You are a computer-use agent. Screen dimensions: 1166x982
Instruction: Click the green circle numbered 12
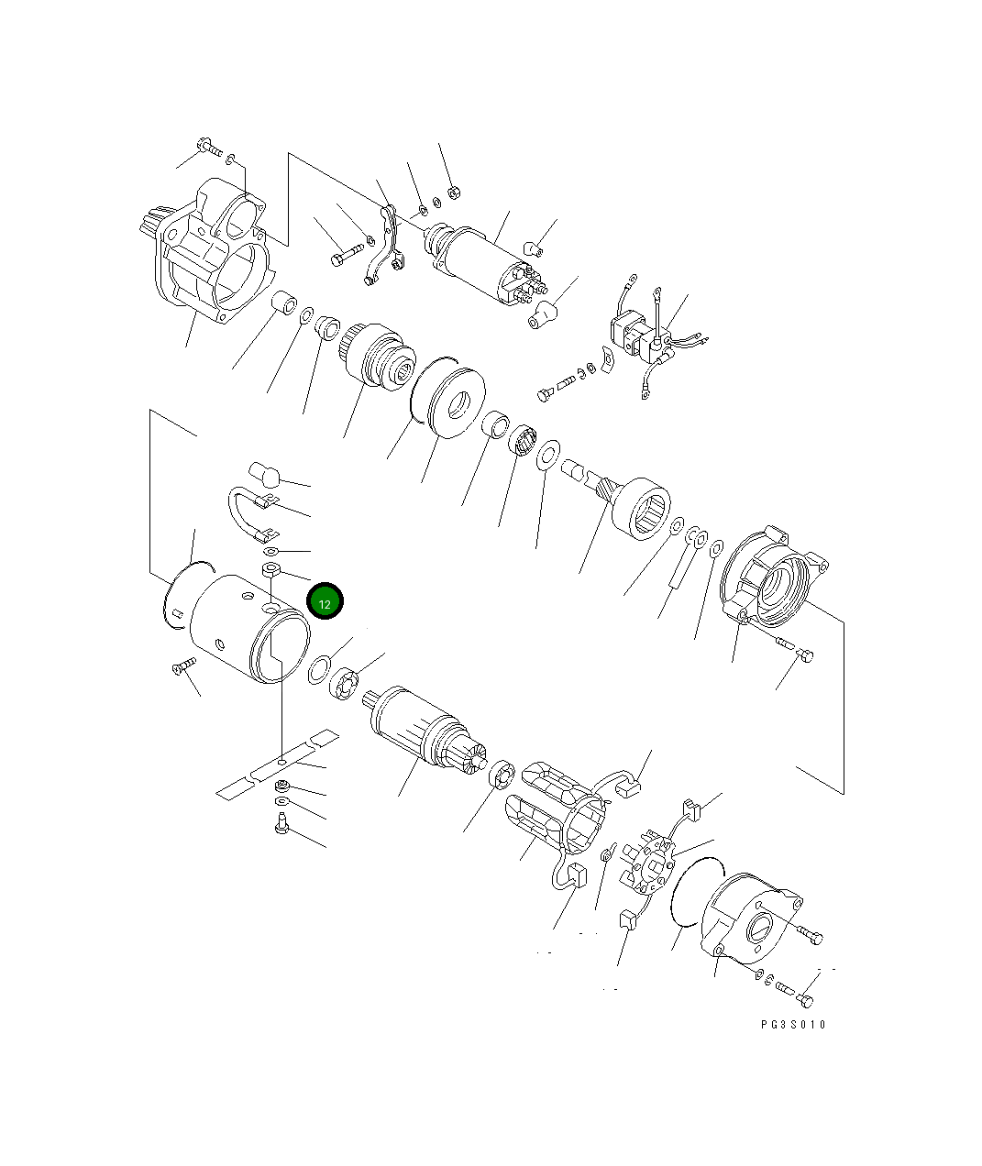[325, 602]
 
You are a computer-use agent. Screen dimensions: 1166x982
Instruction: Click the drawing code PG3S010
[793, 1024]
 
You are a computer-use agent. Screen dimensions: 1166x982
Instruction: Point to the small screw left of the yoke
[182, 665]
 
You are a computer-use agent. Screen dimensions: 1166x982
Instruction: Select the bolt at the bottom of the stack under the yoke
[281, 827]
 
